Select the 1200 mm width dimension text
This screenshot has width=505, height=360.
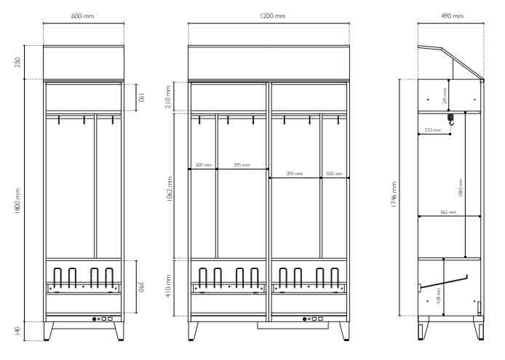(269, 15)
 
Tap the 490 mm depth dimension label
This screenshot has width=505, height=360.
(452, 15)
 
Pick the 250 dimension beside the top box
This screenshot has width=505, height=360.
(17, 63)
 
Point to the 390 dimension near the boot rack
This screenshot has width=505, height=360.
(141, 288)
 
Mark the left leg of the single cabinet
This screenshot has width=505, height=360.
(49, 331)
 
